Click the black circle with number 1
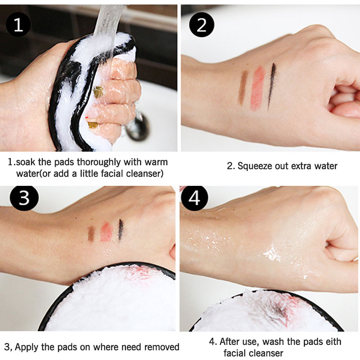[18, 25]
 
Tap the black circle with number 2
[202, 25]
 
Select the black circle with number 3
[24, 198]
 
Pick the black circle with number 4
[194, 198]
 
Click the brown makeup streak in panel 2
[243, 87]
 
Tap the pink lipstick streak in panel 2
[257, 88]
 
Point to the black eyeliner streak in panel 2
[271, 86]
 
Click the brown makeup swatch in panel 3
[91, 234]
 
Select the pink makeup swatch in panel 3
[107, 232]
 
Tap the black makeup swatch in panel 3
[121, 229]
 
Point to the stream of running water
[108, 30]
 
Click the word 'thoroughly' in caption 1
[99, 162]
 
